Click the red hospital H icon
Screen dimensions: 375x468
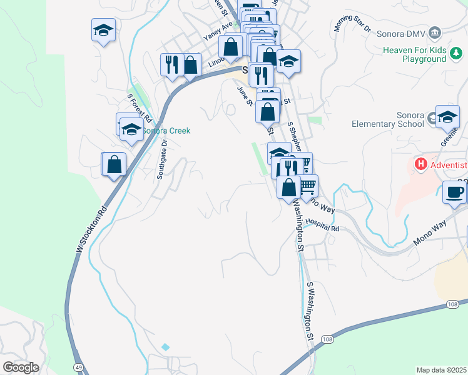(421, 165)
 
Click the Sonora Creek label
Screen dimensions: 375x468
(166, 131)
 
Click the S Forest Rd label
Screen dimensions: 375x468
(140, 107)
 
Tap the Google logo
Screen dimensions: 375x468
(21, 367)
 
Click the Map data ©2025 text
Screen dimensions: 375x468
(441, 370)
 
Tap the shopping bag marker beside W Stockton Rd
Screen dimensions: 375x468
(114, 164)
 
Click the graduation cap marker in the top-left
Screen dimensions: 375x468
(103, 30)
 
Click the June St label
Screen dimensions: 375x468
(244, 96)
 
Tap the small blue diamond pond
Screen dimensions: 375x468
(165, 346)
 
